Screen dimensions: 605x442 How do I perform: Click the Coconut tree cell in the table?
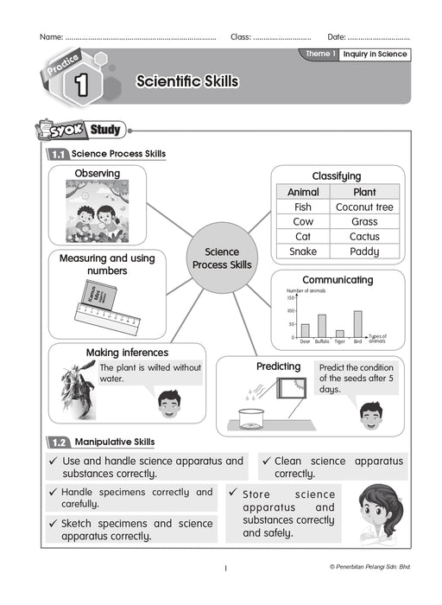(364, 207)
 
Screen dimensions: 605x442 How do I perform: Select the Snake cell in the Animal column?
(302, 252)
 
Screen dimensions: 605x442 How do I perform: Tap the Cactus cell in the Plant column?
(364, 237)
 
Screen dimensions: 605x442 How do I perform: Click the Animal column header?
(302, 192)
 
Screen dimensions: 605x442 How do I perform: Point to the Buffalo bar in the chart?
(322, 325)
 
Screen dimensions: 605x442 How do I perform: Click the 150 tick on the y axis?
(291, 298)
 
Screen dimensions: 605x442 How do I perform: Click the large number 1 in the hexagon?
(82, 85)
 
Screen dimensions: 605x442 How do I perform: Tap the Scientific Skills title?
(186, 81)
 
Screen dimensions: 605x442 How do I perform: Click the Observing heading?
(97, 174)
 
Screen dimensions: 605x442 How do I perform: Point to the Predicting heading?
(278, 366)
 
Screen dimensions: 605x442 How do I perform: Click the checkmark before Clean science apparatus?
(268, 462)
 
